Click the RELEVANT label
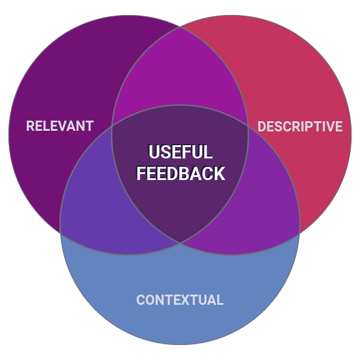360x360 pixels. pos(60,126)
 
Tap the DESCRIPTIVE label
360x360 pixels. pos(300,127)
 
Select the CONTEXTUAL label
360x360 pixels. pos(180,300)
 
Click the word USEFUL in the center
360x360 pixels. pos(180,152)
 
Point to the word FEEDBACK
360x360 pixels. pos(180,173)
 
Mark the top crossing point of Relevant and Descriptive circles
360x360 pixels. pos(180,26)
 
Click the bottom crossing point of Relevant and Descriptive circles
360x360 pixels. pos(180,242)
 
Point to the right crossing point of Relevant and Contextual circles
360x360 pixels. pos(248,127)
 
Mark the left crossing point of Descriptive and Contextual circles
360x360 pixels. pos(112,127)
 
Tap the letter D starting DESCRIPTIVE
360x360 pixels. pos(262,127)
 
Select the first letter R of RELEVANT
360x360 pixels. pos(30,126)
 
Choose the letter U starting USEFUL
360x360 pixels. pos(154,152)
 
